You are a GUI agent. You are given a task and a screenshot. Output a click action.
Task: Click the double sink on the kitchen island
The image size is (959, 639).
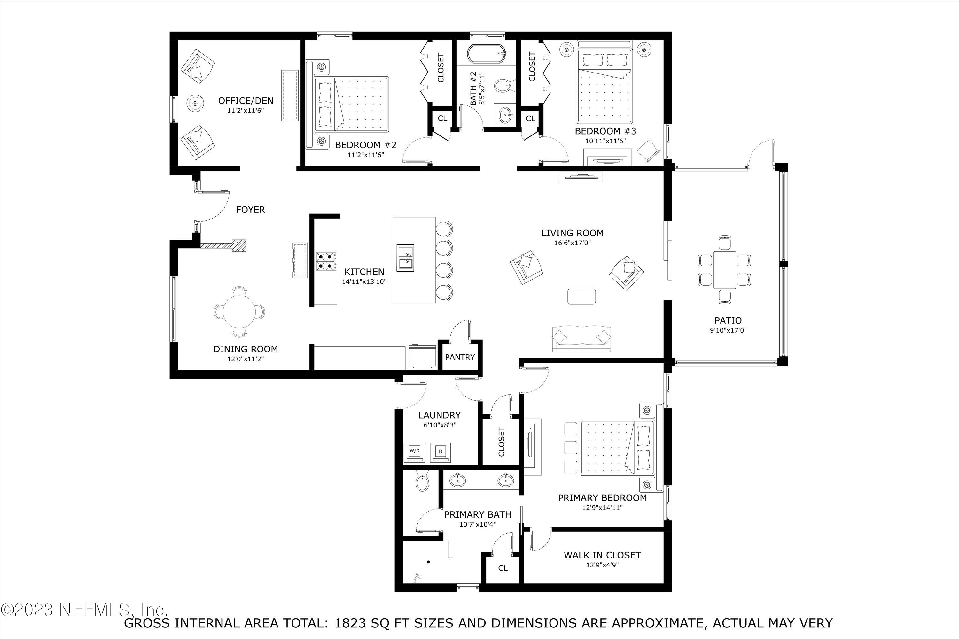click(x=405, y=258)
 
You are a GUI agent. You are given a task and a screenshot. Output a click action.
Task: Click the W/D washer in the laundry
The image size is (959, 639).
click(x=414, y=451)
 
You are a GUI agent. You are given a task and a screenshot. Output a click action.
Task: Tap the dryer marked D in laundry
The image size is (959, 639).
click(x=441, y=451)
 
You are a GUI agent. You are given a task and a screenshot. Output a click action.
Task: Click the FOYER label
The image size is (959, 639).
click(x=250, y=210)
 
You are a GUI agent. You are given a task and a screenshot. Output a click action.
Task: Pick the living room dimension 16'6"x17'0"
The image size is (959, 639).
click(x=572, y=243)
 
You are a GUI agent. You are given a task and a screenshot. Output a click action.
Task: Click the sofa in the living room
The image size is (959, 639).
click(x=581, y=339)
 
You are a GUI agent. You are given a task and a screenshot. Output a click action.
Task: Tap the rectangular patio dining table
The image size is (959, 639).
click(x=725, y=270)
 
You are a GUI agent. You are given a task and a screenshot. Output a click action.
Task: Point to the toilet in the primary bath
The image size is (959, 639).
click(x=422, y=482)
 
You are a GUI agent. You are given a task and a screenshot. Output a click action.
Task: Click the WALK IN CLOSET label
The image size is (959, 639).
click(x=602, y=555)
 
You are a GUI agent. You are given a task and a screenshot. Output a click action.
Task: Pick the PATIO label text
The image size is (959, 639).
click(x=728, y=321)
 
